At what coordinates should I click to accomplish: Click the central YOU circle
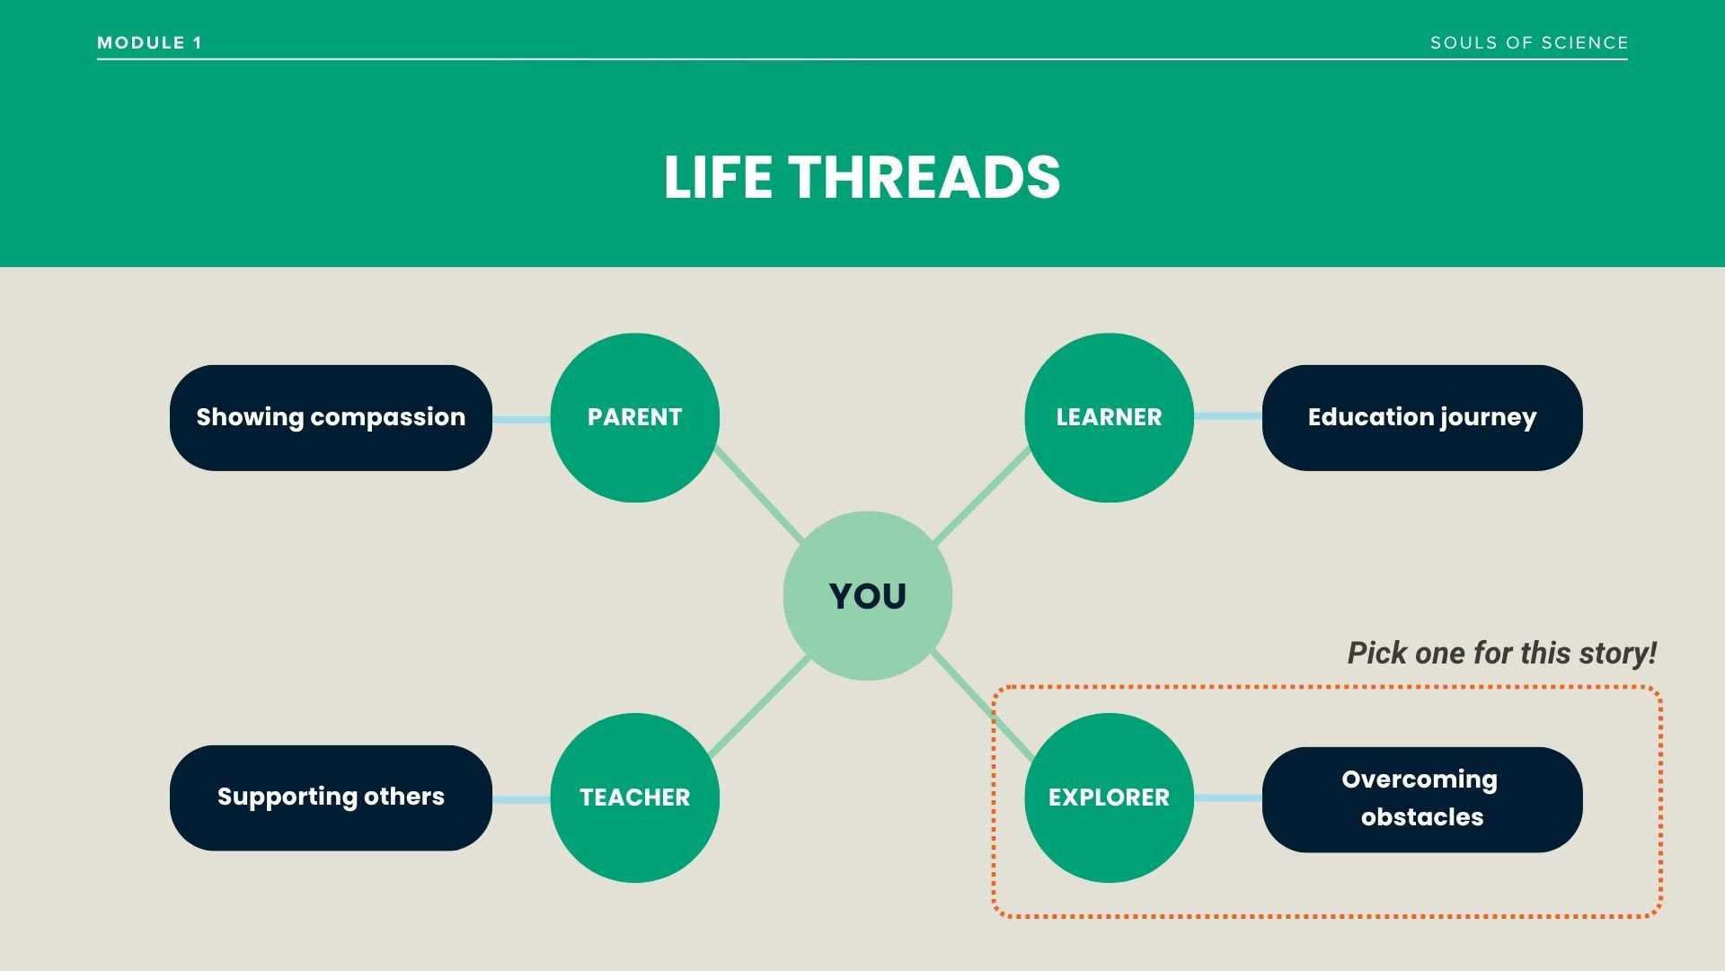coord(867,596)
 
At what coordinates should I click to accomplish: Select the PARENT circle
coord(634,417)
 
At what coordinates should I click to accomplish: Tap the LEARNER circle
coord(1109,417)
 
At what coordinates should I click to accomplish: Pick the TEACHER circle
coord(634,797)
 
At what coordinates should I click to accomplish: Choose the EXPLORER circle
coord(1109,797)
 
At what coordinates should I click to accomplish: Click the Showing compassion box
coord(331,417)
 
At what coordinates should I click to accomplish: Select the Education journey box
coord(1421,417)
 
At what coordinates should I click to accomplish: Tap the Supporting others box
coord(331,797)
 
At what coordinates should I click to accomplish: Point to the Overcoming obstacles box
coord(1421,799)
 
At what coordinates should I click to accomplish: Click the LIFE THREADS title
coord(862,177)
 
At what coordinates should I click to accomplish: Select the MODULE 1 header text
coord(150,43)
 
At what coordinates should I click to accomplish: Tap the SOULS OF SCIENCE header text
coord(1529,43)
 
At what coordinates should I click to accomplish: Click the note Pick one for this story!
coord(1501,653)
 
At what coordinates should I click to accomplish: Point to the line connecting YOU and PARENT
coord(759,496)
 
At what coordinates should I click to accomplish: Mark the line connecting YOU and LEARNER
coord(982,496)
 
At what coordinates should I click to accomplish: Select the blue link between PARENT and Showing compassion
coord(521,420)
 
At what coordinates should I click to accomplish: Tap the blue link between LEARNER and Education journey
coord(1227,416)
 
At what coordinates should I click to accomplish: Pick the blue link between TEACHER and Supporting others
coord(521,799)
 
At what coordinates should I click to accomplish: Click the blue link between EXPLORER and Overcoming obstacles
coord(1227,798)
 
